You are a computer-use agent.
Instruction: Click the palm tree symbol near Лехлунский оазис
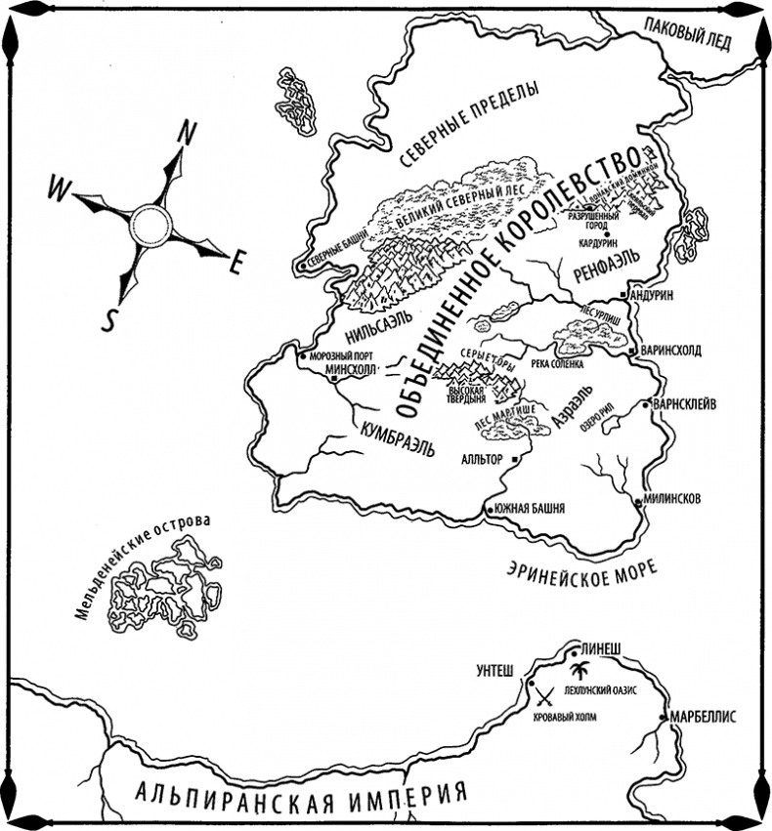[x=579, y=671]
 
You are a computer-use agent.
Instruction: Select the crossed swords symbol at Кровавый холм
[x=544, y=697]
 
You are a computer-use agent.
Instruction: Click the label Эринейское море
[x=581, y=568]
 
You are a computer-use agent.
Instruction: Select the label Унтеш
[x=494, y=670]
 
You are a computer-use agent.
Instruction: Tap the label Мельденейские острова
[x=142, y=566]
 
